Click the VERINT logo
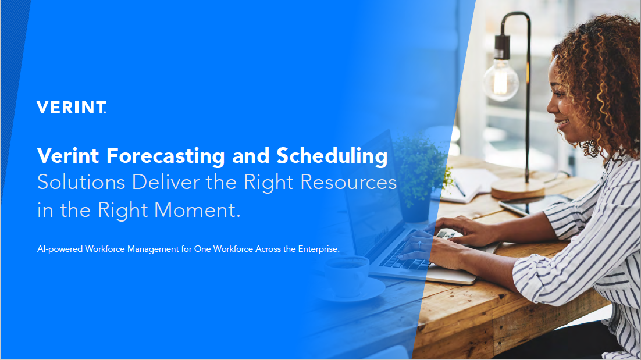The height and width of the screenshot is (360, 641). click(72, 107)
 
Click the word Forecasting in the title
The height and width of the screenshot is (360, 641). click(166, 156)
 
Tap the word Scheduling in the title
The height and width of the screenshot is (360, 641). click(332, 156)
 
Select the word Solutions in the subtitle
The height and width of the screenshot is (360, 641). click(81, 182)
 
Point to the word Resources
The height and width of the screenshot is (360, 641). click(348, 182)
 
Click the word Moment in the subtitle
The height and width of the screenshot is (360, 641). click(197, 210)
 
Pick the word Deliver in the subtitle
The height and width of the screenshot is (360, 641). click(166, 182)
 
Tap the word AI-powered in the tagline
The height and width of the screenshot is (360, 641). click(60, 249)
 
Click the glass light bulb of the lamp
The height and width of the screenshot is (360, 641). click(501, 80)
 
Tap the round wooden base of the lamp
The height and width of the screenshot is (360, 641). click(518, 189)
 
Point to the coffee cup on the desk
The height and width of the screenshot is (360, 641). click(347, 276)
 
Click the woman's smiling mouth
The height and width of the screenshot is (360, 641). click(562, 123)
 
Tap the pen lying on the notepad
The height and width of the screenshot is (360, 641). click(460, 189)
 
